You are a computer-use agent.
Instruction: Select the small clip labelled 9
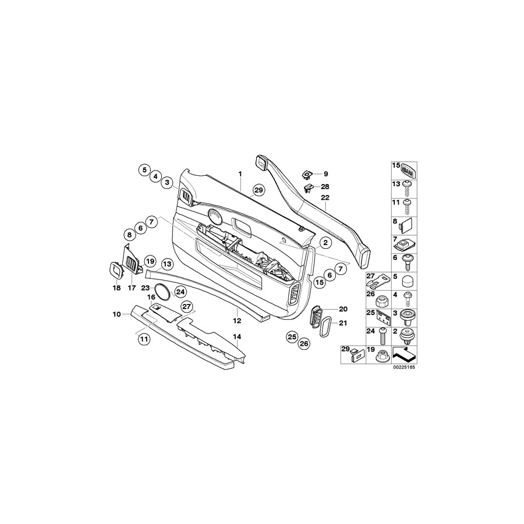tap(306, 174)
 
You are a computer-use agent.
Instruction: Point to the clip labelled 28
tap(308, 187)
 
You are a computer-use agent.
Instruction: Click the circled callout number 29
tap(259, 189)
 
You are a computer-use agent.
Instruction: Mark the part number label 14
tap(236, 337)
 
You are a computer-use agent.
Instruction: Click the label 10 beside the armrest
tap(117, 314)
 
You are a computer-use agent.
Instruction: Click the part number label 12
tap(238, 320)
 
